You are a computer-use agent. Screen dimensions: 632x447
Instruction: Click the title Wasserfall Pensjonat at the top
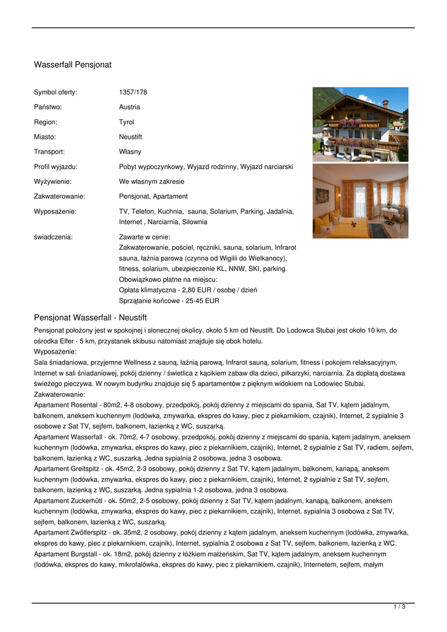[72, 64]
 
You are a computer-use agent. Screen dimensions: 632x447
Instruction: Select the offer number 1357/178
[133, 92]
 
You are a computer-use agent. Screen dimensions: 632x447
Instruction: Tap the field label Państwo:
[47, 107]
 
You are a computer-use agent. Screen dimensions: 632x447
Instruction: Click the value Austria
[129, 107]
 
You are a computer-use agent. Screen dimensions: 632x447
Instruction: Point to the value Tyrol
[126, 122]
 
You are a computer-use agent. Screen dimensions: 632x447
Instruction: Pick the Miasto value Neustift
[131, 137]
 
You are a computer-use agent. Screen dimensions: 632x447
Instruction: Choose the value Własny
[130, 152]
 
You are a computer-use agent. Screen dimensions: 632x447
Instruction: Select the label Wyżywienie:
[52, 181]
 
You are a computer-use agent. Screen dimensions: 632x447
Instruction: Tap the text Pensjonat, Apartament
[154, 196]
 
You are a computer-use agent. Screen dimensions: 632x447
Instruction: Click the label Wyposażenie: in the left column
[55, 211]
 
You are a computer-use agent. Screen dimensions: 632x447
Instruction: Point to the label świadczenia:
[53, 236]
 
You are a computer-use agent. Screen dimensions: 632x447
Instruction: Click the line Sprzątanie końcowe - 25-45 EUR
[169, 301]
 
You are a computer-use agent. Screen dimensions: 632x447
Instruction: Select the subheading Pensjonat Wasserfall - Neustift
[90, 317]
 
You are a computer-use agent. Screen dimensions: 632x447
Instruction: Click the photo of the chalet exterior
[360, 124]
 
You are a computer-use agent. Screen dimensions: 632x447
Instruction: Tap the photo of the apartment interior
[360, 201]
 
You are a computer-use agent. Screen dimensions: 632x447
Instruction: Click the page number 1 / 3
[400, 607]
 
